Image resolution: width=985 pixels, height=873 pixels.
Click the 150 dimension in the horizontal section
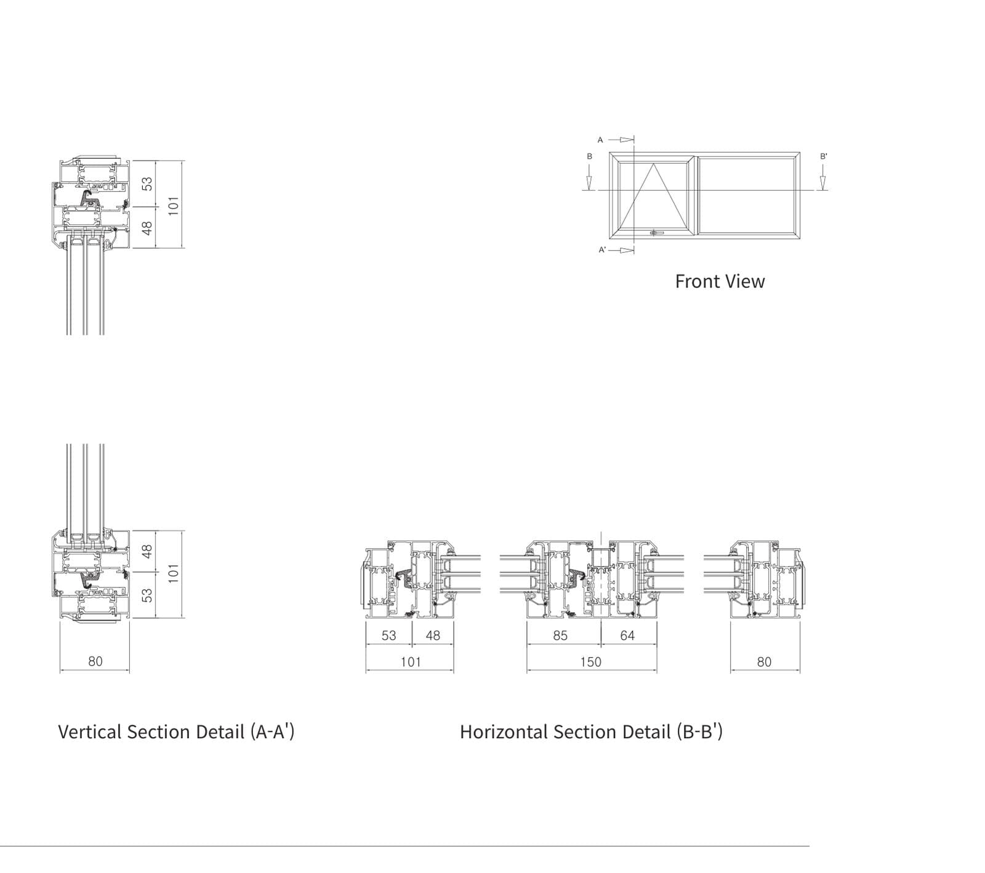pyautogui.click(x=590, y=662)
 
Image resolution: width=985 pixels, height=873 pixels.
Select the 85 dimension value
pyautogui.click(x=560, y=636)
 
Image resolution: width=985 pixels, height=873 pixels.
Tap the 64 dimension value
pyautogui.click(x=627, y=636)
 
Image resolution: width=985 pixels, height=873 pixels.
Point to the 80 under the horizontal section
pyautogui.click(x=764, y=662)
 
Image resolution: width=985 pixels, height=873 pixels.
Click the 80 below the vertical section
pyautogui.click(x=95, y=661)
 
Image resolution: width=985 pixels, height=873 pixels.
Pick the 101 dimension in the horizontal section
pyautogui.click(x=411, y=662)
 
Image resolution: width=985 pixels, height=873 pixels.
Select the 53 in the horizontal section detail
pyautogui.click(x=389, y=636)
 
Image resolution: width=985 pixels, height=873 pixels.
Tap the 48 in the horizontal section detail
pyautogui.click(x=433, y=636)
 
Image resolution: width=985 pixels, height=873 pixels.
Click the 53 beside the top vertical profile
pyautogui.click(x=147, y=183)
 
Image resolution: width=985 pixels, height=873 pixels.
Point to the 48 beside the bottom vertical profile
pyautogui.click(x=147, y=551)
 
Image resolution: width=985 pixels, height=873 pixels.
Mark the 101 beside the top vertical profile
pyautogui.click(x=174, y=205)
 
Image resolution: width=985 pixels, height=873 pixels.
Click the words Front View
pyautogui.click(x=720, y=281)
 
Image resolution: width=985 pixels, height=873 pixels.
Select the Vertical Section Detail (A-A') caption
pyautogui.click(x=176, y=731)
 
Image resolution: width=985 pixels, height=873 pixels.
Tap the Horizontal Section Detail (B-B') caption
pyautogui.click(x=591, y=731)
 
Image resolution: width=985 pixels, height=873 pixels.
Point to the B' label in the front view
pyautogui.click(x=824, y=156)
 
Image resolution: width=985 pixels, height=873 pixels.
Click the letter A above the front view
pyautogui.click(x=600, y=140)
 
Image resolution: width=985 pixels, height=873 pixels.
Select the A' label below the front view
pyautogui.click(x=603, y=250)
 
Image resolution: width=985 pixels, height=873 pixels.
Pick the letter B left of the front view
pyautogui.click(x=589, y=156)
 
